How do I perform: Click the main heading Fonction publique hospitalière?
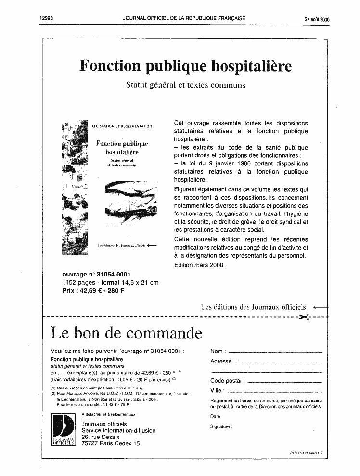click(185, 66)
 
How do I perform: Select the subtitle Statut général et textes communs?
click(185, 85)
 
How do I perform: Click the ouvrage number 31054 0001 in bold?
click(90, 275)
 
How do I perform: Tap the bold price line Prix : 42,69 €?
click(93, 290)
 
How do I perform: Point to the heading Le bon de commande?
click(126, 333)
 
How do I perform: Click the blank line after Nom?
click(273, 352)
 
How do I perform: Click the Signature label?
click(221, 426)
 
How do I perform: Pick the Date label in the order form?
click(216, 416)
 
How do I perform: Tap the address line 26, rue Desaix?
click(101, 437)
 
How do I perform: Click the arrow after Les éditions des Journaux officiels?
click(320, 307)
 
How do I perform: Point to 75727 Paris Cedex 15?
click(111, 443)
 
